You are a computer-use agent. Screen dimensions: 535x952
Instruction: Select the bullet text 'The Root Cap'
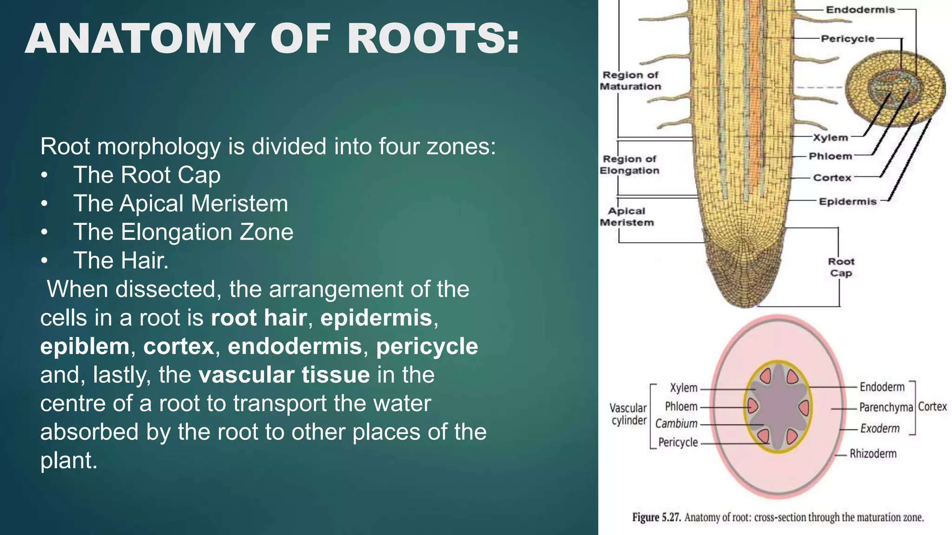(146, 175)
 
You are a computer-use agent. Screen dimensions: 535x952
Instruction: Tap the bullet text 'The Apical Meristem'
(180, 203)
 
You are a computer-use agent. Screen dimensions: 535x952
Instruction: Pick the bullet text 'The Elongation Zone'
(183, 232)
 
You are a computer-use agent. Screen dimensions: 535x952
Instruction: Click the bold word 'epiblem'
(85, 346)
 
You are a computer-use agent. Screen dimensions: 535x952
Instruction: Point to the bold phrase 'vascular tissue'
(284, 375)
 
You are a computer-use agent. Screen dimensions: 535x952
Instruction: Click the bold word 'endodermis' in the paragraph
(295, 346)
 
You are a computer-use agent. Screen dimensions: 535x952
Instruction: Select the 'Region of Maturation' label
(630, 81)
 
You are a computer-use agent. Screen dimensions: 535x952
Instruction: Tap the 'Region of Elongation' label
(629, 165)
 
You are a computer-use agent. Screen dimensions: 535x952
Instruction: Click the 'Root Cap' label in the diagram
(841, 267)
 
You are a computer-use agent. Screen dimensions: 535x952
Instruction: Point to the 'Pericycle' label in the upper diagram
(847, 39)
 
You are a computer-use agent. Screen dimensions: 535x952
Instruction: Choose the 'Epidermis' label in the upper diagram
(847, 202)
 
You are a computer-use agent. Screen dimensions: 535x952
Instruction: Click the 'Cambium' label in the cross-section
(676, 424)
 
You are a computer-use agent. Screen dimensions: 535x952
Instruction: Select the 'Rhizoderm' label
(873, 454)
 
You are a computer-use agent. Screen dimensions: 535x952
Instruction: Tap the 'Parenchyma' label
(886, 407)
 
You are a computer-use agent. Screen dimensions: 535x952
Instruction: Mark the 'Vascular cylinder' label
(628, 414)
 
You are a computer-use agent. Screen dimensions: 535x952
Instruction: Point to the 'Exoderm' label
(879, 428)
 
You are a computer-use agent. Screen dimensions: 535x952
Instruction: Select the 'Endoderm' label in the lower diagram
(882, 387)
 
